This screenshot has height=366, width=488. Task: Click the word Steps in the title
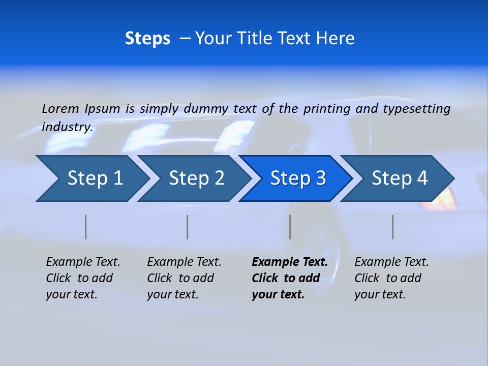147,39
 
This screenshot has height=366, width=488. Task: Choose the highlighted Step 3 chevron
298,178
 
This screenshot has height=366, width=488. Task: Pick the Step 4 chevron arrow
400,178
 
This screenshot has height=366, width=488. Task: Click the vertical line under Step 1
86,227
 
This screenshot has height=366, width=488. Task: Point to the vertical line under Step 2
188,227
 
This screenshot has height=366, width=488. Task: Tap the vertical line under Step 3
290,227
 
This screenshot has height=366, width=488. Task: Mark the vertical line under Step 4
393,227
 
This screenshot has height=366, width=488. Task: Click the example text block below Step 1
83,278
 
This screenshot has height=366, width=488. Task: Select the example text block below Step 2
184,278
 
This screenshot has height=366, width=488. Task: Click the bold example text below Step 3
290,278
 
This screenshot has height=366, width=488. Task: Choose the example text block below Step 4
391,278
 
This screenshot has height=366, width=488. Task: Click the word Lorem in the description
60,108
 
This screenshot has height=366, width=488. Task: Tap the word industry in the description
67,127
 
